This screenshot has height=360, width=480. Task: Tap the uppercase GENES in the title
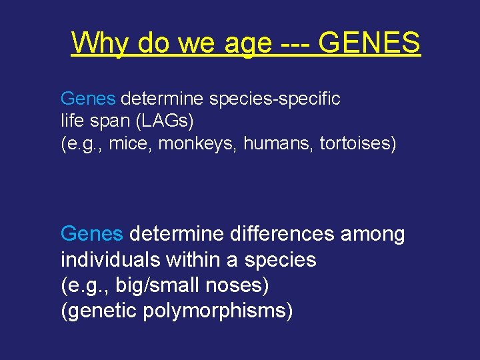click(x=369, y=43)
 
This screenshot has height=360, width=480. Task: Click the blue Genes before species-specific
click(x=88, y=99)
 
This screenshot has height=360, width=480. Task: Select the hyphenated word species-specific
click(x=275, y=99)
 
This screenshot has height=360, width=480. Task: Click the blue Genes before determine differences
click(x=91, y=234)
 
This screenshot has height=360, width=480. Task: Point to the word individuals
click(x=110, y=259)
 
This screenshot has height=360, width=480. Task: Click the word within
click(x=195, y=259)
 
